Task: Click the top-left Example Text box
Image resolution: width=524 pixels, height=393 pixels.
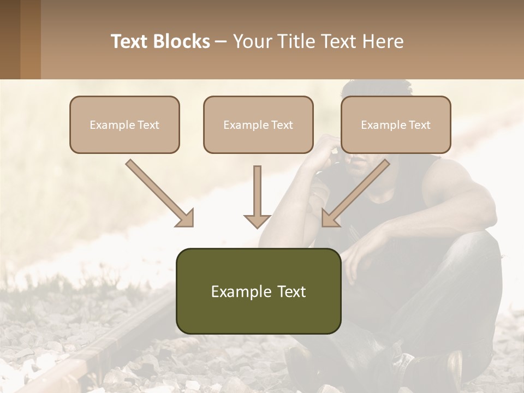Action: click(x=124, y=124)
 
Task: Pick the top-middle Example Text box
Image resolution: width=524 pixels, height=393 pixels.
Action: click(x=258, y=124)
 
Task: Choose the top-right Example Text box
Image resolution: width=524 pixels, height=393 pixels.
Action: click(x=396, y=124)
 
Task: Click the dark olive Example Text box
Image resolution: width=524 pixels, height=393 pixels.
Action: click(x=258, y=291)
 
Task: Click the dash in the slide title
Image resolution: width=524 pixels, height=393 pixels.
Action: click(x=221, y=42)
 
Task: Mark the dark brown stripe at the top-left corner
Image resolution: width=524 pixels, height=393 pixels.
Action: click(x=10, y=39)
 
